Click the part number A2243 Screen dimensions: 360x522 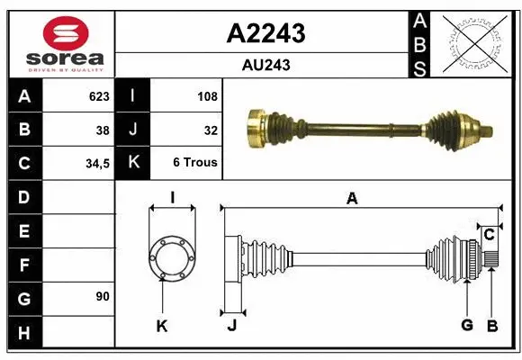pyautogui.click(x=265, y=33)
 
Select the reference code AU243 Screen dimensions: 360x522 pyautogui.click(x=265, y=65)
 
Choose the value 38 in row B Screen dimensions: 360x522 pyautogui.click(x=103, y=130)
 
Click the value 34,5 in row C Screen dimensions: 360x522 pyautogui.click(x=97, y=164)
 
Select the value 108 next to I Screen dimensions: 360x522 pyautogui.click(x=207, y=96)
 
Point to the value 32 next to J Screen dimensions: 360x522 pyautogui.click(x=211, y=130)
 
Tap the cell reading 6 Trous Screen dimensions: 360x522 pyautogui.click(x=195, y=164)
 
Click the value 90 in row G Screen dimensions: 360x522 pyautogui.click(x=102, y=296)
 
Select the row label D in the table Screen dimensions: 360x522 pyautogui.click(x=23, y=197)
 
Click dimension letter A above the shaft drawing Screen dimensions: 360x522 pyautogui.click(x=352, y=199)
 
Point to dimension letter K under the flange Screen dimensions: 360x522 pyautogui.click(x=162, y=326)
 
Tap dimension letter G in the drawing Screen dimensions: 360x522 pyautogui.click(x=466, y=325)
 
